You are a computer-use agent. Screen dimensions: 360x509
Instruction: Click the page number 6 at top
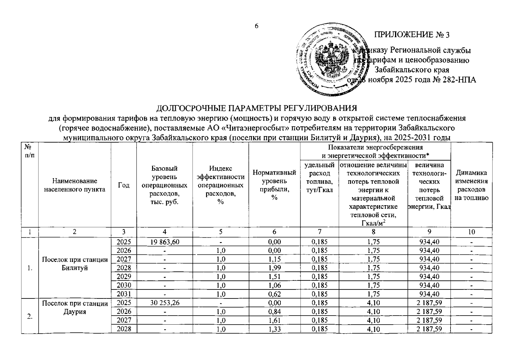256,26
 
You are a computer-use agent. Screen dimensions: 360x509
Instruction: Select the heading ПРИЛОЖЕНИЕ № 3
412,35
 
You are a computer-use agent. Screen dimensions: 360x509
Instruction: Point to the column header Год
124,185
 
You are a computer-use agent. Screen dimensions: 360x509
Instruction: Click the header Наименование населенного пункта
75,185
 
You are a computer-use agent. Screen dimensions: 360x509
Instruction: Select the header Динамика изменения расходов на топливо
471,185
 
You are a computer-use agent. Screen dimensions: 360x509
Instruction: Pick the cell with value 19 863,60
164,242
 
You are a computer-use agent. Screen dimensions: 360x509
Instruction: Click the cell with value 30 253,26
164,303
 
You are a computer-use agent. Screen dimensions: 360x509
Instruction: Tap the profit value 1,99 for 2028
274,268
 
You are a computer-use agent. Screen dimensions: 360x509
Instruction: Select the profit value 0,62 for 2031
274,294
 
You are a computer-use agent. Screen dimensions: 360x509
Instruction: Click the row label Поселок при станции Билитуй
75,264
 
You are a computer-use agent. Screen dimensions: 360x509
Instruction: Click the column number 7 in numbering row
319,231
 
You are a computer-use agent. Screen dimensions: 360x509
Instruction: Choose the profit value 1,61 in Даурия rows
274,320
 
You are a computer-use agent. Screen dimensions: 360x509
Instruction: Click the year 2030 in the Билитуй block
124,285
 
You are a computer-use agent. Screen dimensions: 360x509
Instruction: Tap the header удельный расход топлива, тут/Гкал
319,177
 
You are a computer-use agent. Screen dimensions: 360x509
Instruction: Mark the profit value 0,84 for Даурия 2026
274,312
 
